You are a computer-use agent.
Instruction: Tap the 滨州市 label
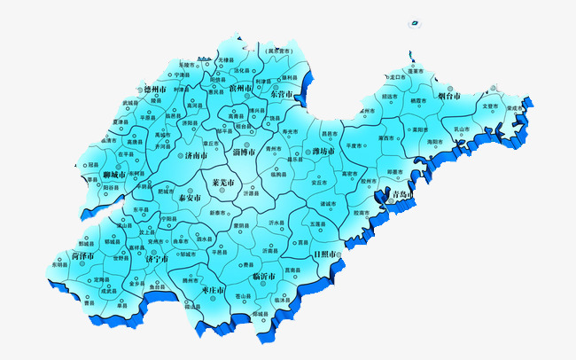coord(241,89)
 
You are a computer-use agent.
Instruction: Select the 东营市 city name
coord(283,94)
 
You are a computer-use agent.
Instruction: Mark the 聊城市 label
coord(116,175)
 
